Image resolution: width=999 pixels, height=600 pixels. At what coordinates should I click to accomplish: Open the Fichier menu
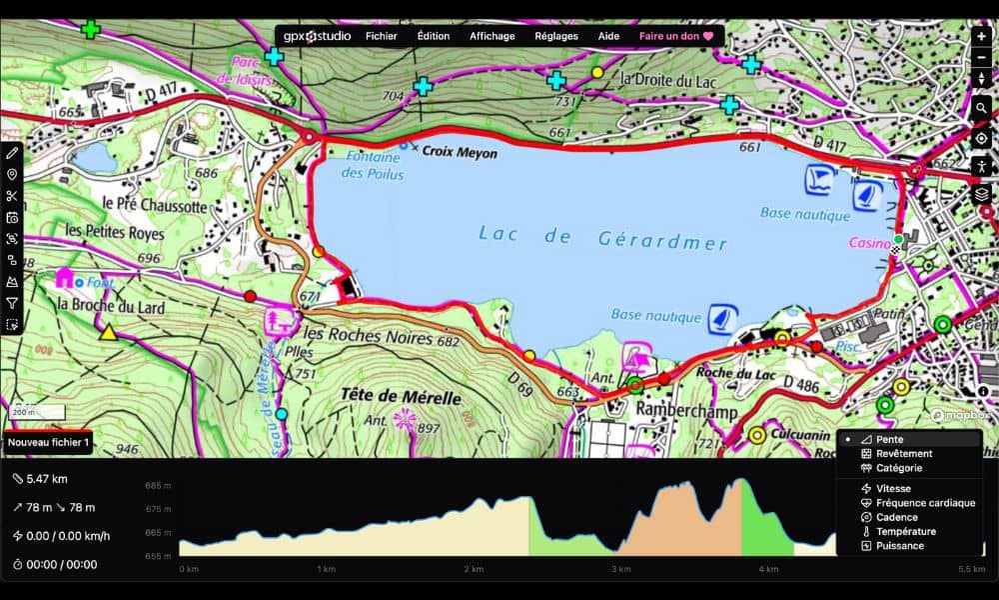(x=381, y=36)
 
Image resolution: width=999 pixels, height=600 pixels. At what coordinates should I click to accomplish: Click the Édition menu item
(x=433, y=36)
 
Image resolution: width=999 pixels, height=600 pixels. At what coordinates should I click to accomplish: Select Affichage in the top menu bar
(x=492, y=36)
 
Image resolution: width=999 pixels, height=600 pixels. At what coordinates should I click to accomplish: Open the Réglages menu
(x=555, y=36)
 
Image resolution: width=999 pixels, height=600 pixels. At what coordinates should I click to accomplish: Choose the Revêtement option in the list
(x=903, y=453)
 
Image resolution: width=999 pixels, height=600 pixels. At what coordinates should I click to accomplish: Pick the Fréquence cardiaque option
(x=925, y=503)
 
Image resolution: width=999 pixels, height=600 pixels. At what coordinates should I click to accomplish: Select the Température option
(x=905, y=531)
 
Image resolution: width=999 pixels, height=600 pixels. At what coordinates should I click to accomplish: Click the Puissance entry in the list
(x=899, y=545)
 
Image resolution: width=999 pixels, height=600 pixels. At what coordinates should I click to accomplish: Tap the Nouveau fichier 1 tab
(x=49, y=442)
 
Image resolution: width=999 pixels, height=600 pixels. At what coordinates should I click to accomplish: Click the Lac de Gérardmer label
(x=602, y=237)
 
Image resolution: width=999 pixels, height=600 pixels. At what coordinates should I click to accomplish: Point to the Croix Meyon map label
(x=459, y=154)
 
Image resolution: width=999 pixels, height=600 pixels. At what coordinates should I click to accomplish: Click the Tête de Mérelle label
(x=401, y=397)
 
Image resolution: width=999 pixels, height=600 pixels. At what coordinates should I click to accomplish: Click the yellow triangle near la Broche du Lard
(x=108, y=333)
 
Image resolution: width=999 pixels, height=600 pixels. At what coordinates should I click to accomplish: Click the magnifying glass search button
(x=981, y=108)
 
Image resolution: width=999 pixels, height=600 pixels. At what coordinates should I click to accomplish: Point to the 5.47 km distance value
(x=46, y=479)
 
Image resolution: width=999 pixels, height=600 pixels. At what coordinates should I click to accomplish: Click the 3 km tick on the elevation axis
(x=621, y=569)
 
